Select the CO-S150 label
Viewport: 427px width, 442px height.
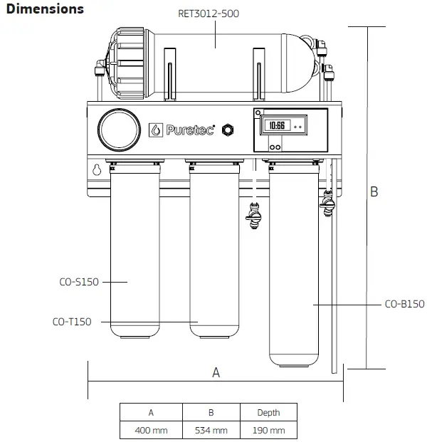[78, 282]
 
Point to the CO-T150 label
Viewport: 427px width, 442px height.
[72, 322]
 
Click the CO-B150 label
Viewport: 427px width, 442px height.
[404, 304]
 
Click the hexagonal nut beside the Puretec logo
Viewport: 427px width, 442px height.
[228, 130]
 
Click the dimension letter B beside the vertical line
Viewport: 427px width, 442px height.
[374, 191]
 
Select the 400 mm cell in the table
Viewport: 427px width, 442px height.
[151, 430]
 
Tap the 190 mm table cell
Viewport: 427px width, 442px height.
[269, 430]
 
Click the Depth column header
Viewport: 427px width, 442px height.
[269, 412]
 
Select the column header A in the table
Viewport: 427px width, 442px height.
[151, 412]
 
